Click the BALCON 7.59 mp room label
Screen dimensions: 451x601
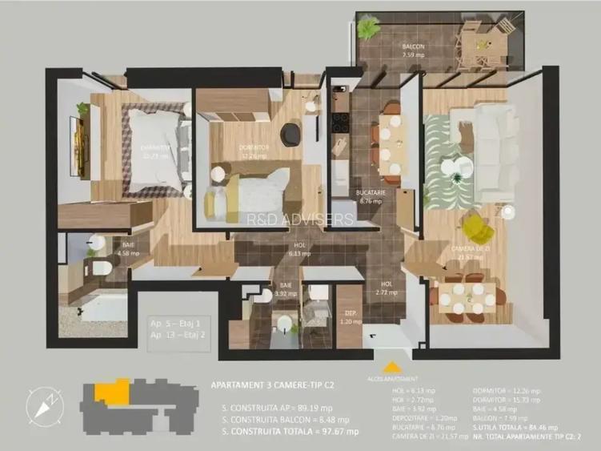413,51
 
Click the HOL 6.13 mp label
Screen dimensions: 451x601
299,250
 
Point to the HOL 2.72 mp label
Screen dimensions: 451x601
387,288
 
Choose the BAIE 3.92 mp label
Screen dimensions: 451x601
286,289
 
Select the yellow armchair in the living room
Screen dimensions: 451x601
479,228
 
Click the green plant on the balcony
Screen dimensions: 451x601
368,29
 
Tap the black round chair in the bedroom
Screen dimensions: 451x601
290,131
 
